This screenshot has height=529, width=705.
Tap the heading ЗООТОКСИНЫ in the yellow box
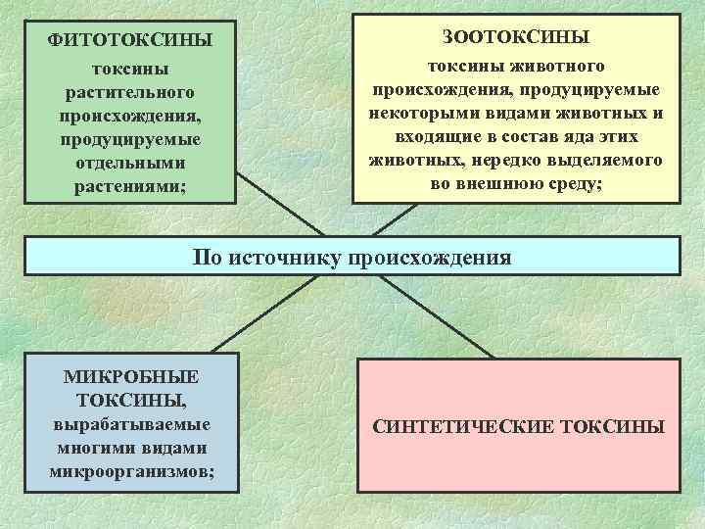click(516, 37)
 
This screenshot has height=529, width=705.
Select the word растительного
click(130, 92)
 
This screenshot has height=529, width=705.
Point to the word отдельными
click(130, 161)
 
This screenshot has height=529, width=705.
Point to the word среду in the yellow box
click(574, 183)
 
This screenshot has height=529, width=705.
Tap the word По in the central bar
click(208, 258)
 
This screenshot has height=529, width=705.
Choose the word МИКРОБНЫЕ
click(130, 376)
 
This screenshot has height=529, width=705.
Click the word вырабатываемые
click(130, 425)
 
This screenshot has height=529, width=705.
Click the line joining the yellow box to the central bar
click(377, 220)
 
